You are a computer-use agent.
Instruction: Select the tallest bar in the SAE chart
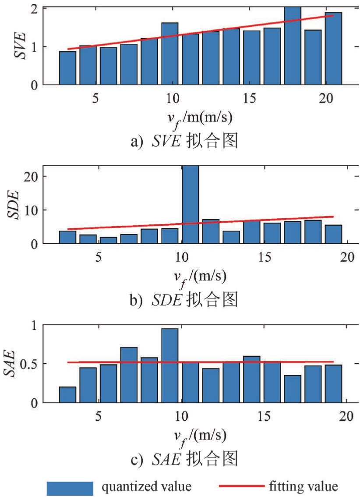pos(169,365)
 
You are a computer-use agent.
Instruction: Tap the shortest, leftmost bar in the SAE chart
pos(67,394)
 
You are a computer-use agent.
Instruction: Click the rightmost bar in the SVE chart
pos(333,48)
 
